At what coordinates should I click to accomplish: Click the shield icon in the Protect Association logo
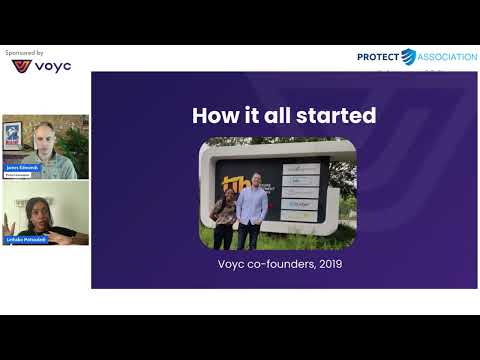(x=408, y=57)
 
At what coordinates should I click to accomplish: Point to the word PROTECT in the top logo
(x=378, y=57)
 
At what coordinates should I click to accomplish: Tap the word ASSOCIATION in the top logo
(x=447, y=57)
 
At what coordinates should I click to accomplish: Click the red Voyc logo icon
(x=21, y=67)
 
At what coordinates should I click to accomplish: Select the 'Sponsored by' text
(x=24, y=52)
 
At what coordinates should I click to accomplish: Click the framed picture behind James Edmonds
(x=14, y=136)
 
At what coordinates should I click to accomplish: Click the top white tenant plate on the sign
(x=299, y=169)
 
